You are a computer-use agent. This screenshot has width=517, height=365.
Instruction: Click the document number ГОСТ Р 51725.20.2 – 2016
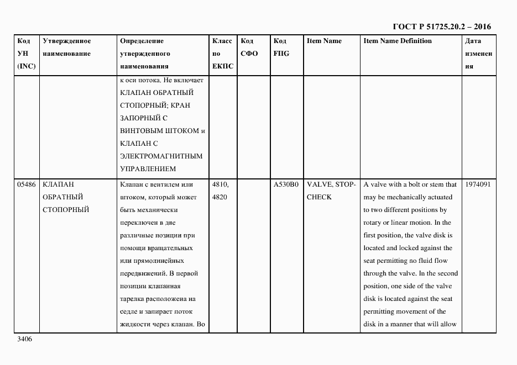tap(441, 27)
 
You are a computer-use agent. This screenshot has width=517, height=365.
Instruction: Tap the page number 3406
tap(25, 339)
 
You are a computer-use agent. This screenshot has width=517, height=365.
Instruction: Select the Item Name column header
tap(324, 41)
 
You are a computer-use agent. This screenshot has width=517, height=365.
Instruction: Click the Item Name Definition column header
tap(397, 41)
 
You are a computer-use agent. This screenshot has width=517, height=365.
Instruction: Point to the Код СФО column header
tap(249, 47)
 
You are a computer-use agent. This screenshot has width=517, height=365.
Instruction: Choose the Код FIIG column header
tap(281, 47)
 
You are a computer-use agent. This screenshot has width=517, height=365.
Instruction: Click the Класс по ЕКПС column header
tap(223, 54)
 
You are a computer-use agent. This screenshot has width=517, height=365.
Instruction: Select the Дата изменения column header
tap(478, 54)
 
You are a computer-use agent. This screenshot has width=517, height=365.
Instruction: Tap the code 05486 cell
tap(27, 184)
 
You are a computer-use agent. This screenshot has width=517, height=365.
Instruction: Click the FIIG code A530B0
tap(286, 184)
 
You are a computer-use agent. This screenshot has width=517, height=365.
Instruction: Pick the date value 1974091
tap(478, 184)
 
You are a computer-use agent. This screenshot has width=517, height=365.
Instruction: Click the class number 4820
tap(220, 197)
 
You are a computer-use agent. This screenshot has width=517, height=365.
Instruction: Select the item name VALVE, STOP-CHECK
tap(330, 191)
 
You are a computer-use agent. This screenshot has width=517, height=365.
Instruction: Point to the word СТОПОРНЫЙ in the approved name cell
tap(65, 210)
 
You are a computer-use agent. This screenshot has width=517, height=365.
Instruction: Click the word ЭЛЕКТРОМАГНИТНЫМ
tap(161, 156)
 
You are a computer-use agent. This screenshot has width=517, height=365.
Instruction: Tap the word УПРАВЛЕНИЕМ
tap(148, 169)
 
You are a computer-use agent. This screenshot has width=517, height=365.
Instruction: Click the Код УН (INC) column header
tap(27, 54)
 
